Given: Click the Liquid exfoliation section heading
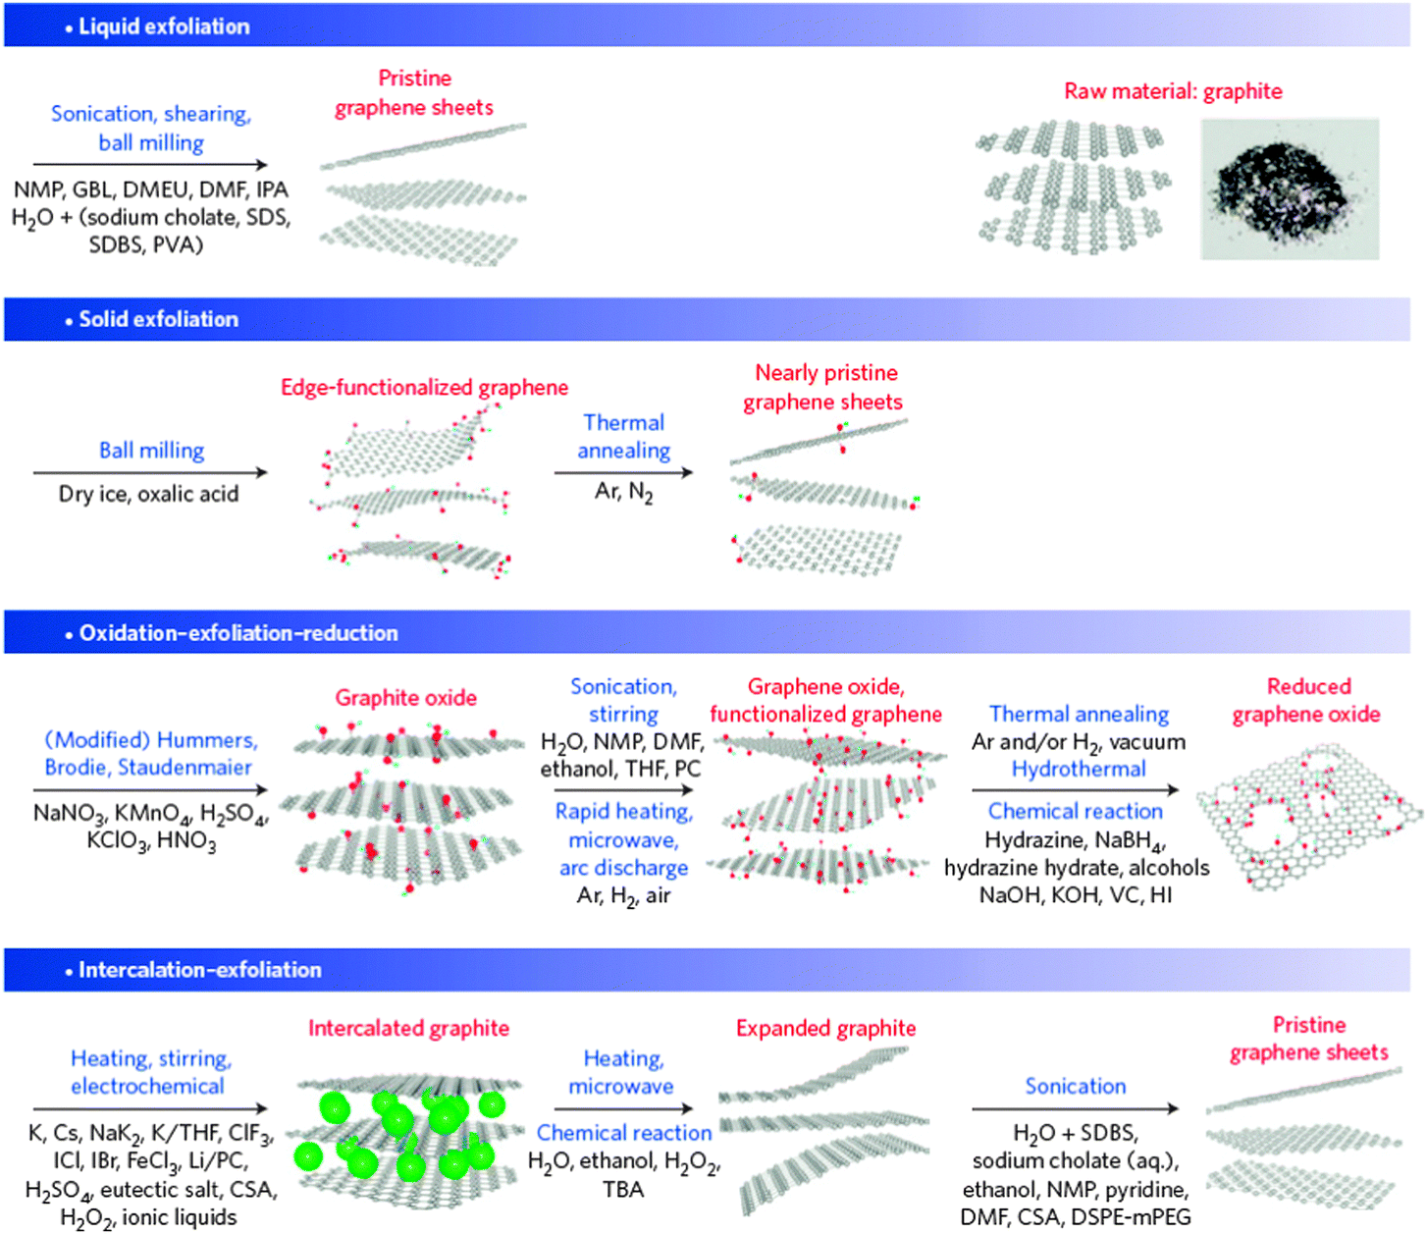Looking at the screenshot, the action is (x=164, y=27).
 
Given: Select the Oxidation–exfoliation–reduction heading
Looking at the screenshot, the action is (x=238, y=632).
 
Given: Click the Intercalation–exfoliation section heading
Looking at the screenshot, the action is (x=200, y=970).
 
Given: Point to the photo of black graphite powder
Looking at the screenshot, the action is (x=1290, y=189).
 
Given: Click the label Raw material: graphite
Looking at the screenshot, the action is (x=1173, y=91).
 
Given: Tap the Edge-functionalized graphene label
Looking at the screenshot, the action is (x=425, y=388).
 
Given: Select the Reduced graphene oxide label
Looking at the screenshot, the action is (x=1307, y=700).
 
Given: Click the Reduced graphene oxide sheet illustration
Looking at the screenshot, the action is (x=1308, y=817).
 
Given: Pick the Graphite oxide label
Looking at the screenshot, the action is (x=406, y=697).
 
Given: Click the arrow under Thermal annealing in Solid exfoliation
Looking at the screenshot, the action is (x=623, y=472).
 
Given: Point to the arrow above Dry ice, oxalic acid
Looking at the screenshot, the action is (x=150, y=472).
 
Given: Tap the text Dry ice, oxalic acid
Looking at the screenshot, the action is (x=148, y=495).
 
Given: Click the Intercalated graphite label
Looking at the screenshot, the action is (x=408, y=1028).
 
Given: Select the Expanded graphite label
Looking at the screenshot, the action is (x=825, y=1028).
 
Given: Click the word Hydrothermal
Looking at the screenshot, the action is (x=1079, y=769).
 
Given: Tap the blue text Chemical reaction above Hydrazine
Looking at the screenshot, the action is (x=1076, y=811).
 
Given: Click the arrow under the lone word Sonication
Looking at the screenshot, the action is (x=1075, y=1108).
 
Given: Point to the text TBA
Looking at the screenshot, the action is (x=623, y=1189).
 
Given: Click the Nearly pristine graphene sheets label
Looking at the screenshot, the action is (x=823, y=388).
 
